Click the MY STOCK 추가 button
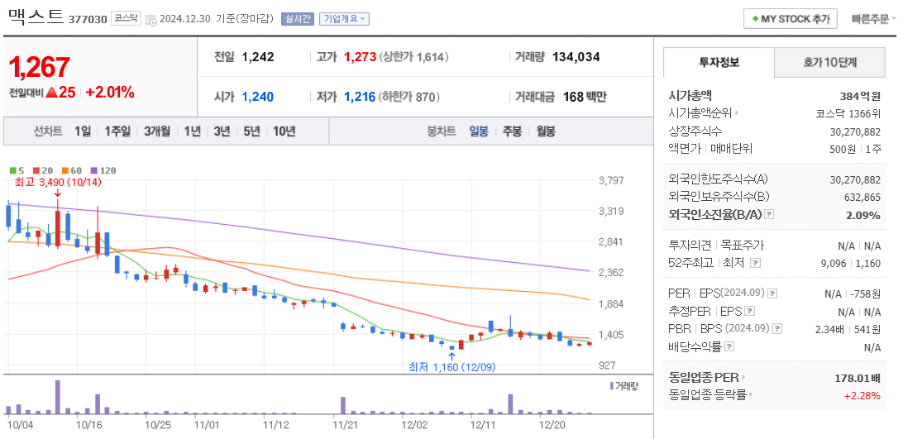click(791, 19)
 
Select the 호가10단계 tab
click(829, 62)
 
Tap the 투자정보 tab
click(719, 62)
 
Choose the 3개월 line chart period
click(157, 131)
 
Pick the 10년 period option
click(284, 131)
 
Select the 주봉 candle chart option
click(513, 131)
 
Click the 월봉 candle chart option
click(545, 131)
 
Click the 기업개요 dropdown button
click(345, 19)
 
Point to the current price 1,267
click(40, 67)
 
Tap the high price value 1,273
click(360, 57)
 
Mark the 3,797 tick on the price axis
click(610, 180)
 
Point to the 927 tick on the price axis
click(607, 365)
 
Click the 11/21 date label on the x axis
click(345, 424)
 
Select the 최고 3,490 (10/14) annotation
click(58, 182)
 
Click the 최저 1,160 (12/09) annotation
click(451, 367)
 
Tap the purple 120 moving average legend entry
click(103, 170)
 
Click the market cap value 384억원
click(860, 96)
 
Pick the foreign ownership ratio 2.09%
click(863, 215)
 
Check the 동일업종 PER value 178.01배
click(858, 378)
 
